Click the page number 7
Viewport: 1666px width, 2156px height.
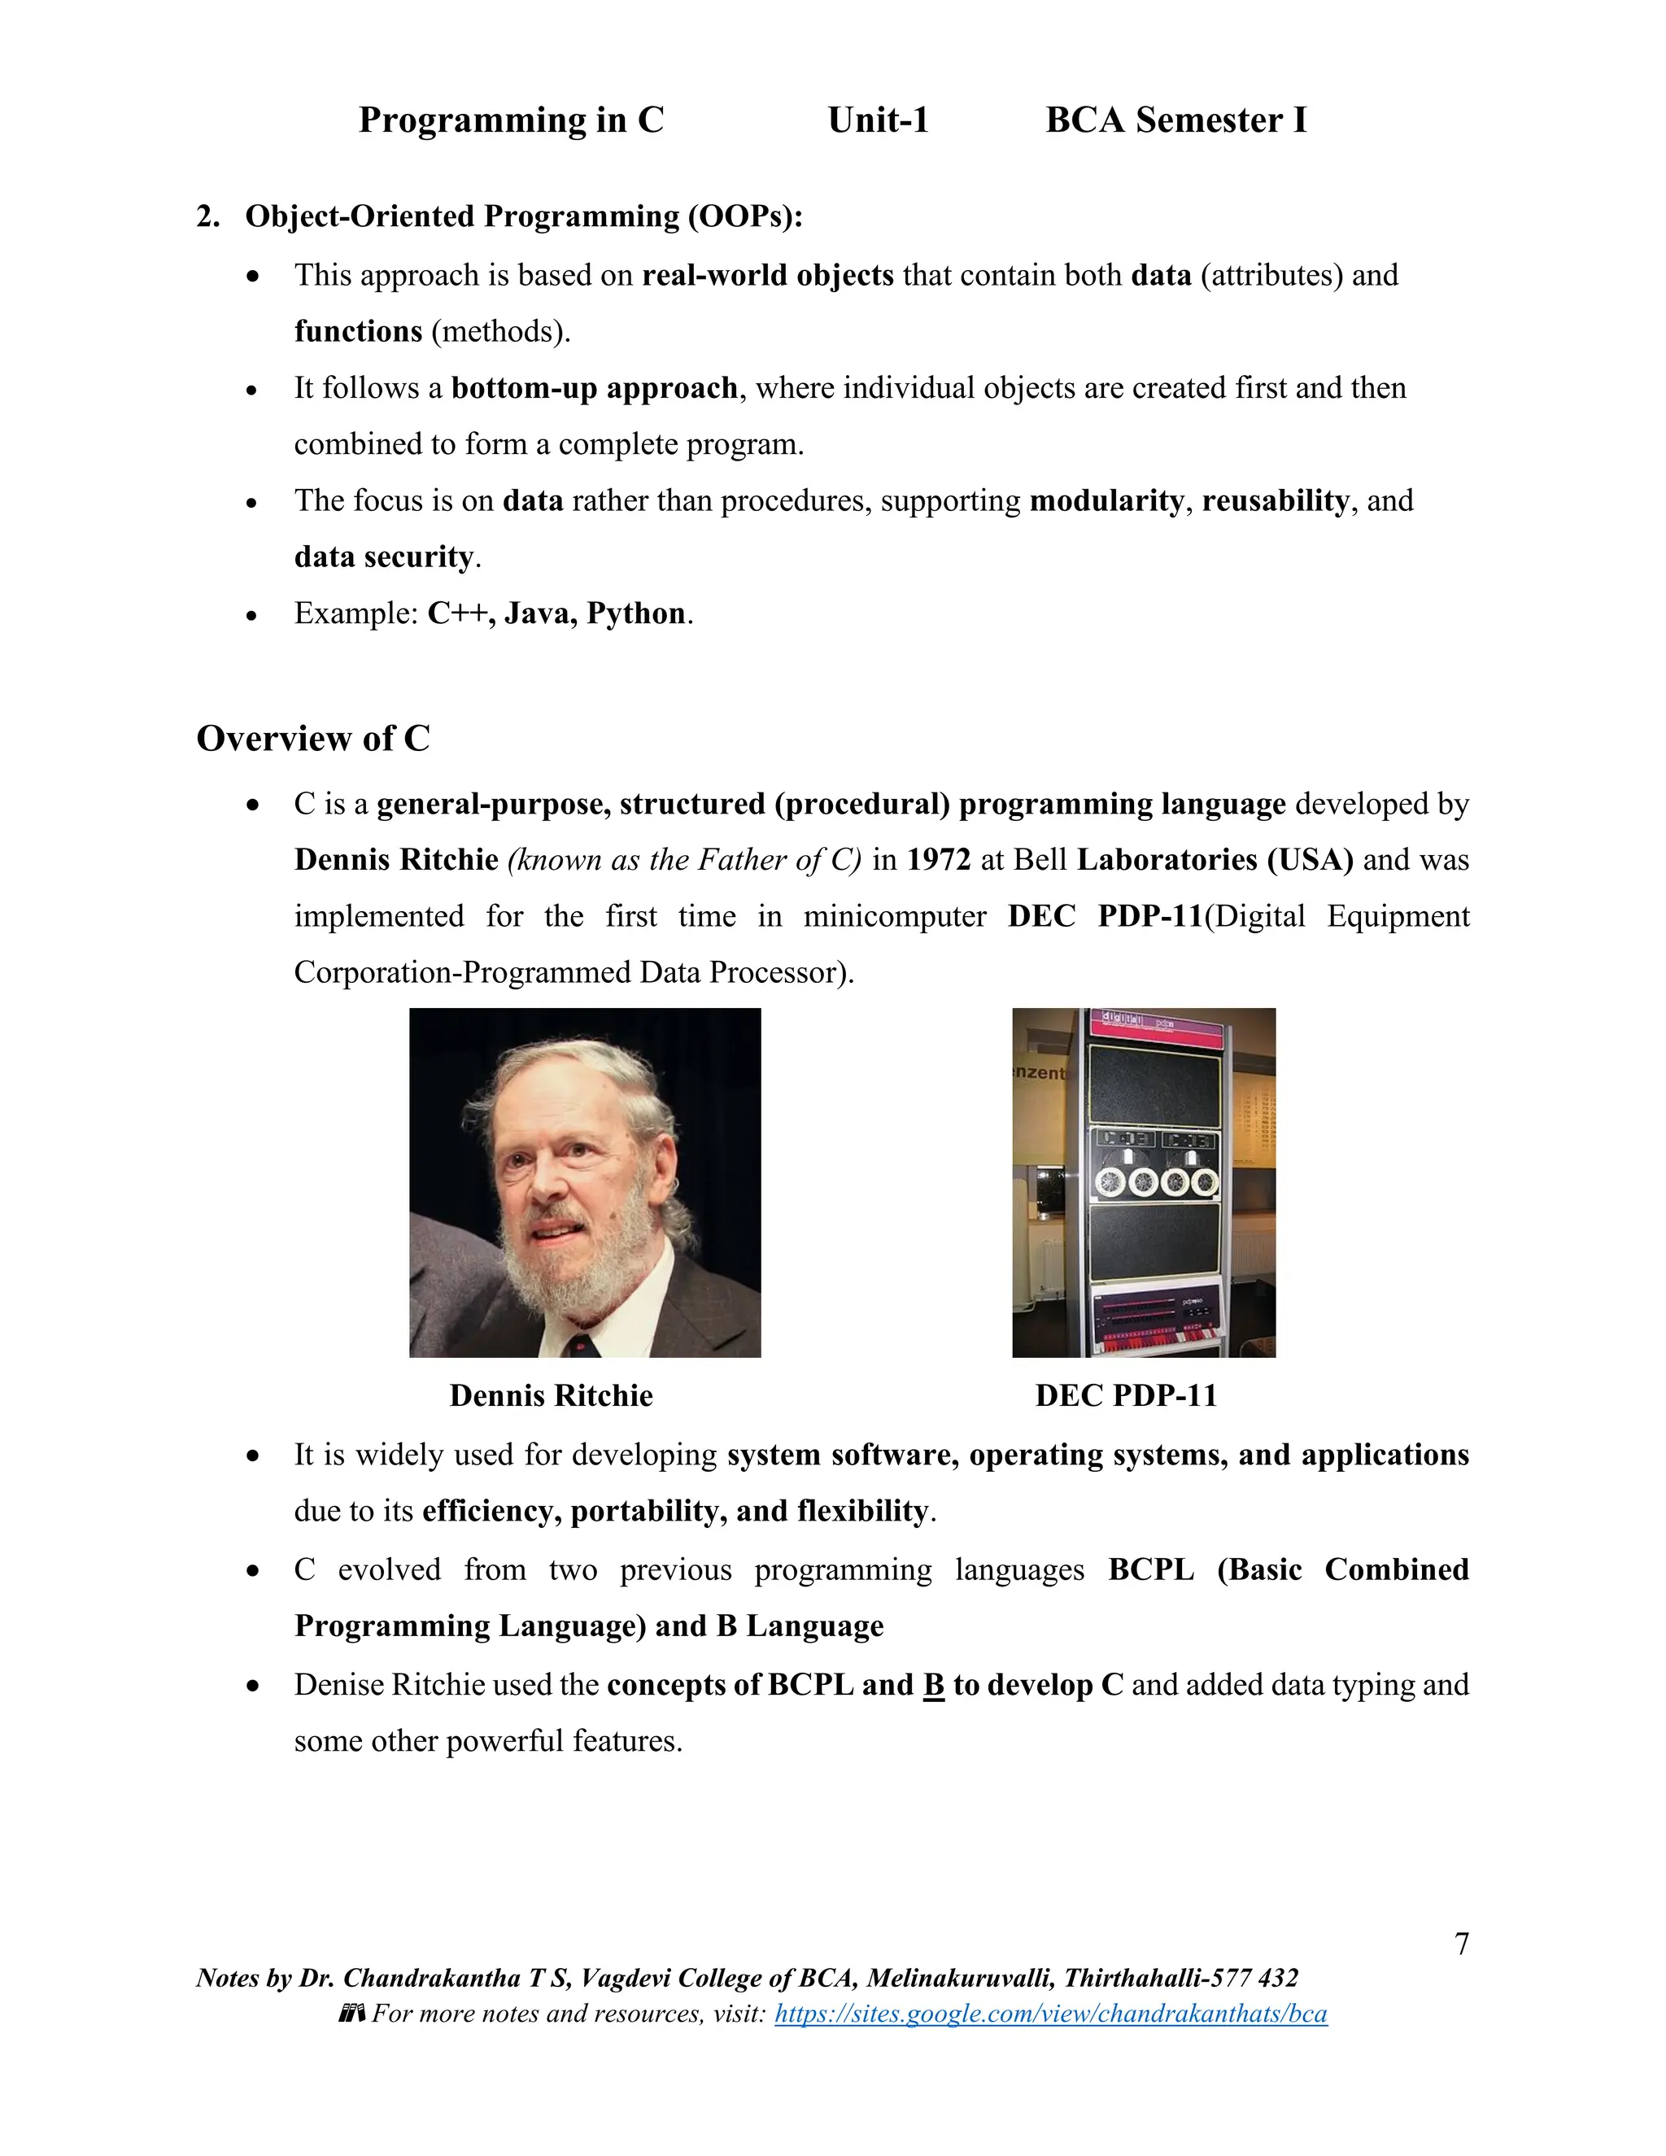tap(1462, 1944)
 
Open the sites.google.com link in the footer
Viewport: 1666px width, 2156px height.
tap(1050, 2014)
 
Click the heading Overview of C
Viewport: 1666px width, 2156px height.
tap(313, 739)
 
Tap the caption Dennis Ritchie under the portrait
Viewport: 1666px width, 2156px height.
tap(551, 1394)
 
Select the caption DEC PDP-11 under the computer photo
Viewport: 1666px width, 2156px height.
tap(1125, 1394)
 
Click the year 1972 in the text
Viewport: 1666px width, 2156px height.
tap(939, 860)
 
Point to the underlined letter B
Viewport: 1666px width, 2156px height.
tap(934, 1685)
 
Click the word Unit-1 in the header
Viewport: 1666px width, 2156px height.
tap(878, 120)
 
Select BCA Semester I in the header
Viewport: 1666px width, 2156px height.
tap(1175, 120)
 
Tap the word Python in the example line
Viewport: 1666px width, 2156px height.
tap(635, 614)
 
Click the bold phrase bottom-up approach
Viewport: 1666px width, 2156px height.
tap(594, 388)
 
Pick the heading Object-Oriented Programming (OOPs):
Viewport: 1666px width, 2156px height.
tap(523, 216)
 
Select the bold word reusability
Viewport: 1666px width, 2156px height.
tap(1276, 501)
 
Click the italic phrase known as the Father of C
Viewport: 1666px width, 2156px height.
tap(684, 860)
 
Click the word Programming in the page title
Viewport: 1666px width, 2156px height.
tap(473, 120)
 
